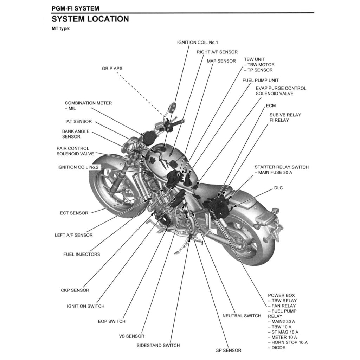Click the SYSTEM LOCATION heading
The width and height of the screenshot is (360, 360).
click(90, 19)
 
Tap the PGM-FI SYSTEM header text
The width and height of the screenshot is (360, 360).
click(75, 8)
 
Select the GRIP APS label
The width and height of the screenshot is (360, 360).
click(112, 68)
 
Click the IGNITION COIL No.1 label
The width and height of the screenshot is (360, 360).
click(197, 43)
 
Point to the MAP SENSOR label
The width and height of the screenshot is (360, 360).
click(221, 61)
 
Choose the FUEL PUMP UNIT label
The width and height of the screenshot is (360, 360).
click(261, 80)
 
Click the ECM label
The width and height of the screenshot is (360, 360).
click(271, 105)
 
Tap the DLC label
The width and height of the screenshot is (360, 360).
click(278, 188)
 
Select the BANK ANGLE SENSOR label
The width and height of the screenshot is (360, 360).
click(76, 134)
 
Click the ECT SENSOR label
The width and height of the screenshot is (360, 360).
click(74, 213)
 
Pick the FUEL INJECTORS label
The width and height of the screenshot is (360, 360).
click(82, 254)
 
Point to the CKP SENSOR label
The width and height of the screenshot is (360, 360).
click(75, 290)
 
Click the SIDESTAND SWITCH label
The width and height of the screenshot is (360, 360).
click(158, 345)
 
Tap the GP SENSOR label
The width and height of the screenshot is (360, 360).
click(228, 350)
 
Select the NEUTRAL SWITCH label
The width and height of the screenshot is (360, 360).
click(242, 316)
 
